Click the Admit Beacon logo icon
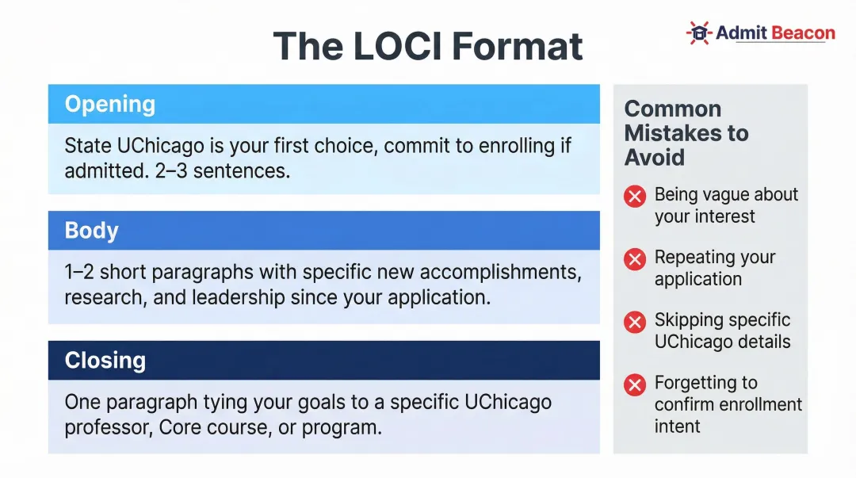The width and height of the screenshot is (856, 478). (698, 33)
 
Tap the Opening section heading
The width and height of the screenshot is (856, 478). (109, 104)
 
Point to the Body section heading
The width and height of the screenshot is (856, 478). (91, 231)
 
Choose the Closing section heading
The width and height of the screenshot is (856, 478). (105, 360)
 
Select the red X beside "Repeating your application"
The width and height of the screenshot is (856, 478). (635, 259)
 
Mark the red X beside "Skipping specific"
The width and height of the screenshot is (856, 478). (635, 322)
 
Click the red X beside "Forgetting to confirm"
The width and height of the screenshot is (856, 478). (635, 385)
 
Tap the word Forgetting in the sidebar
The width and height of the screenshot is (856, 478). (695, 383)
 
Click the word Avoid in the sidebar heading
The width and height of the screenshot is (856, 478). (654, 157)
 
